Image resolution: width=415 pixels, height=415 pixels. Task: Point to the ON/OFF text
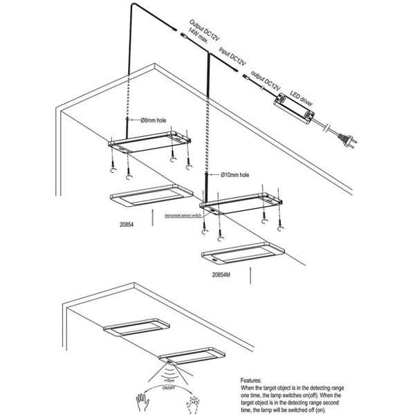pyautogui.click(x=169, y=388)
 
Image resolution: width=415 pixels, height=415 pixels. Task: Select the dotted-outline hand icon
pyautogui.click(x=194, y=399)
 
